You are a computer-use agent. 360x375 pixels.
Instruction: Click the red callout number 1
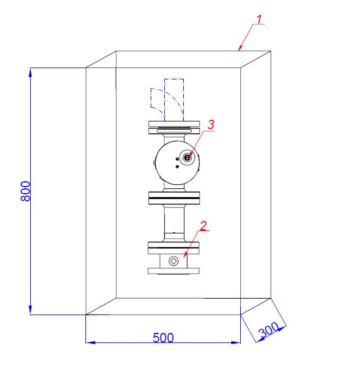(x=259, y=19)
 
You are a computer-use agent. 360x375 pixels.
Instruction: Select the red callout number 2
(x=203, y=226)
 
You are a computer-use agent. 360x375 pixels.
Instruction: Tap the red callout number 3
(x=211, y=124)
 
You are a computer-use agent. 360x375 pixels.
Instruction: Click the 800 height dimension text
(x=26, y=191)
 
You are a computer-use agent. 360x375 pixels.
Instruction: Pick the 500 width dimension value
(x=163, y=338)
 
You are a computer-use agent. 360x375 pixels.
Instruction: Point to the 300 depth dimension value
(x=269, y=329)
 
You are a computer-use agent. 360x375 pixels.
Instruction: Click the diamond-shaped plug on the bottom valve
(x=174, y=261)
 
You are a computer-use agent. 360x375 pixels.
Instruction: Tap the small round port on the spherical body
(x=187, y=158)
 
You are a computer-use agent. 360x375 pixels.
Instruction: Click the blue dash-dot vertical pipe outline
(x=174, y=100)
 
